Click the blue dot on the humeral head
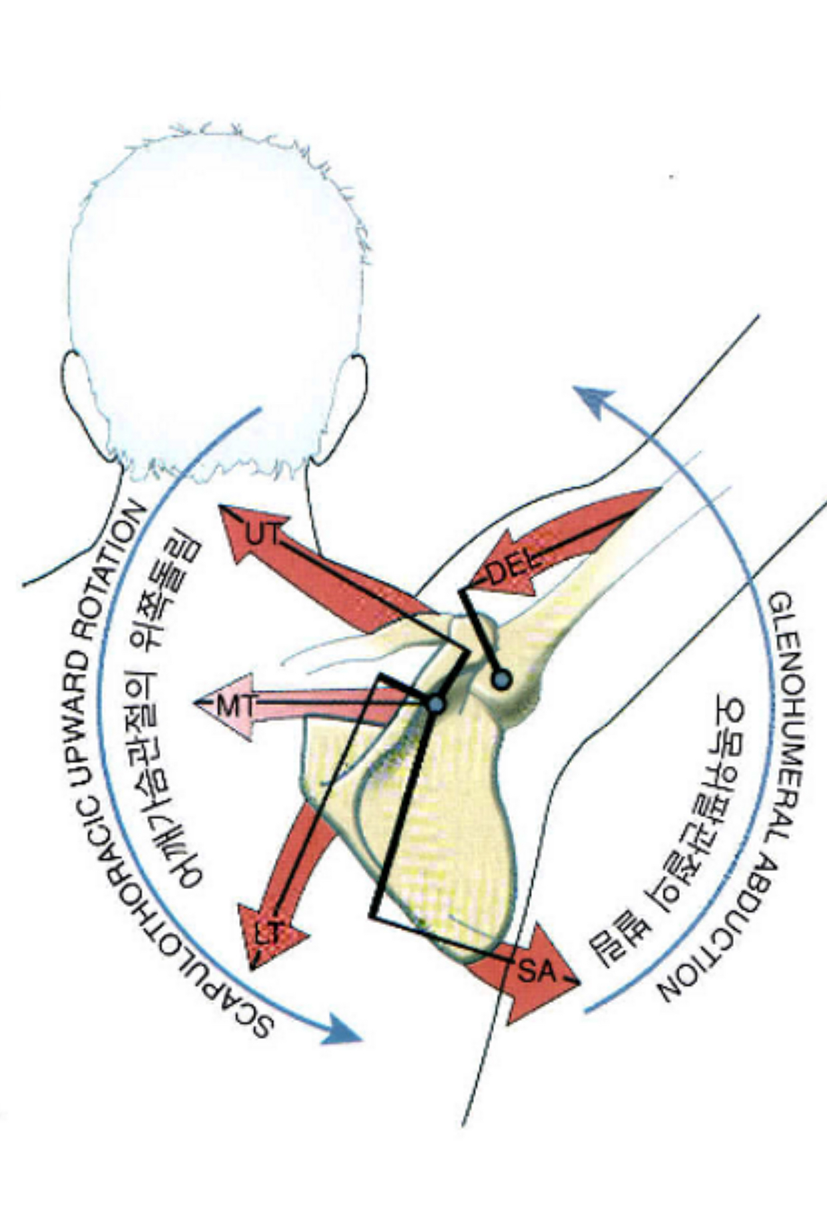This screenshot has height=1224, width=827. click(x=501, y=679)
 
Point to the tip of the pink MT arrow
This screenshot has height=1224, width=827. click(x=198, y=703)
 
